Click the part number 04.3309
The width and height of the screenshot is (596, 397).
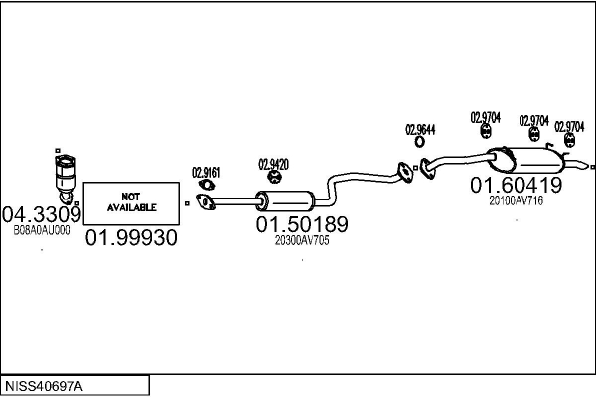point(42,215)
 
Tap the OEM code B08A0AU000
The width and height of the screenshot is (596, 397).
point(42,230)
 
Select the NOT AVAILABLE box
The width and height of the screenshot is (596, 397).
point(131,203)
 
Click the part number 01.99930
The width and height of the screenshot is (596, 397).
point(131,238)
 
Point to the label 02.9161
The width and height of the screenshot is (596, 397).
point(206,173)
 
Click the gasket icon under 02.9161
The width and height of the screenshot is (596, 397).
point(207,185)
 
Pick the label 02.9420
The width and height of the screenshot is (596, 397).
point(274,165)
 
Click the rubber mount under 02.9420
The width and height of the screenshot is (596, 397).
point(274,177)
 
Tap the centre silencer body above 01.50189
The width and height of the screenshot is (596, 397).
point(285,200)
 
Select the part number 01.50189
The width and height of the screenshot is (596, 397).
point(302,224)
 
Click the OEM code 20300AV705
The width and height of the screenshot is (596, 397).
point(302,240)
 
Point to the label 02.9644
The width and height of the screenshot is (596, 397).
point(420,130)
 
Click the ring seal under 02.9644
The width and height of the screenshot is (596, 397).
point(419,142)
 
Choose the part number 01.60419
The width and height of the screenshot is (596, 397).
point(517,185)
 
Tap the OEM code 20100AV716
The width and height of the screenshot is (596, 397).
point(517,200)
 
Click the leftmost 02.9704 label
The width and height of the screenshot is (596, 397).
point(486,118)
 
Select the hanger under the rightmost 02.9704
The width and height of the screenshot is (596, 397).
point(569,140)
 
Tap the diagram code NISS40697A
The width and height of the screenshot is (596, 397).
point(44,386)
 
